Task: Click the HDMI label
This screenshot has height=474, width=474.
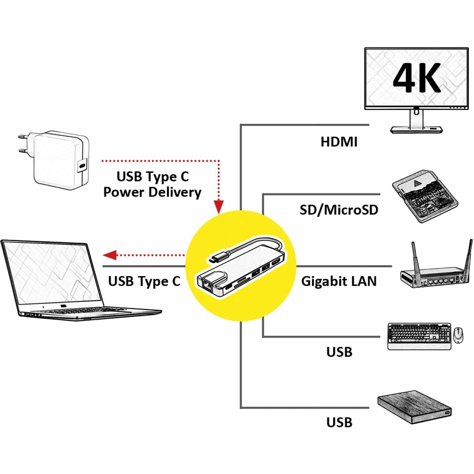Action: click(339, 142)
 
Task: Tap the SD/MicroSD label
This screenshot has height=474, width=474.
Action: click(339, 210)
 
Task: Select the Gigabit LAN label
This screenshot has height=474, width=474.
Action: click(339, 281)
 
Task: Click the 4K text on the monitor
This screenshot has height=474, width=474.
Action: click(417, 78)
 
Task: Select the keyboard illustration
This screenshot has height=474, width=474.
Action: click(419, 336)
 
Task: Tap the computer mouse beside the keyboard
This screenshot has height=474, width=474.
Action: click(458, 335)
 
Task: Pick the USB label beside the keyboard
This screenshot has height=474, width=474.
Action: click(339, 352)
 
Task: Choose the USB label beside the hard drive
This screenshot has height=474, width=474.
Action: click(339, 423)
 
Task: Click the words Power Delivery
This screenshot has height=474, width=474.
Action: click(152, 192)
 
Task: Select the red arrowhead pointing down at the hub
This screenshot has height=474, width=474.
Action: click(219, 206)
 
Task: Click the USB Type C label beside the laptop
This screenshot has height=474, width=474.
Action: click(144, 281)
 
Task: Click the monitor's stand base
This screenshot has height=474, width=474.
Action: click(417, 129)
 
